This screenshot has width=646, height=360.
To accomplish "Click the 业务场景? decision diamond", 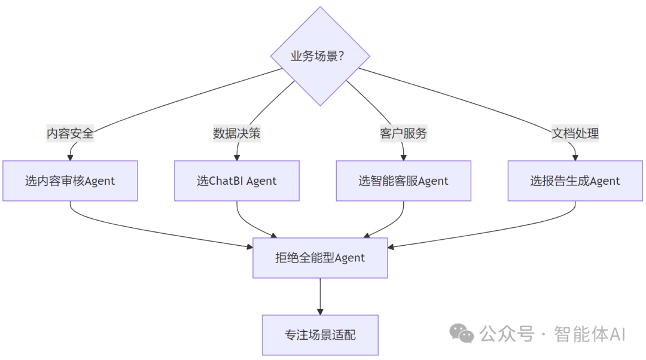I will pos(320,56).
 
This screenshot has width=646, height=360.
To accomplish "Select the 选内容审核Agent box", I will pos(70,181).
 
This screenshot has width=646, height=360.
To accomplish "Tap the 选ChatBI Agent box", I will pos(237,181).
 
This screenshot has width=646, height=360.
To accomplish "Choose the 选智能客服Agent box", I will pos(403,181).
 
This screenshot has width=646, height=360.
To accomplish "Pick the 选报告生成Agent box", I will pos(575,181).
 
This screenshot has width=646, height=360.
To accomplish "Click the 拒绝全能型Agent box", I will pos(320,258).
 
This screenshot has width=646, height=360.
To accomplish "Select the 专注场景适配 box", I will pos(320,335).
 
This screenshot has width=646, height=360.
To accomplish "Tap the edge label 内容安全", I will pos(70,133).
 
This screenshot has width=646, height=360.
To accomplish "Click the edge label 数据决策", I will pos(237,133).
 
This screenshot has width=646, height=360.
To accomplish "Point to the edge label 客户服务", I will pos(403,133).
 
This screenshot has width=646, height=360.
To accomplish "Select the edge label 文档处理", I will pos(575,133).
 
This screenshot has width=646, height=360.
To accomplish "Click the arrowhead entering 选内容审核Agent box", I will pos(70,157).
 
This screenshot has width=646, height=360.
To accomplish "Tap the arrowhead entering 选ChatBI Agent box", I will pos(237,157).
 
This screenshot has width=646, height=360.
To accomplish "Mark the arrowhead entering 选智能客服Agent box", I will pos(403,157).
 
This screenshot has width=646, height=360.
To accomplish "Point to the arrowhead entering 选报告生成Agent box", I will pos(575,157).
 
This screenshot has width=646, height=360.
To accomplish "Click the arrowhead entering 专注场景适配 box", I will pos(320,312).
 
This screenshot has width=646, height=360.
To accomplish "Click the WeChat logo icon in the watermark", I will pos(462,334).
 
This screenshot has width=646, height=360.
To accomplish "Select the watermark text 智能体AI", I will pos(590,334).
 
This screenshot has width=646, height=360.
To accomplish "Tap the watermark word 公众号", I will pos(506,334).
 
